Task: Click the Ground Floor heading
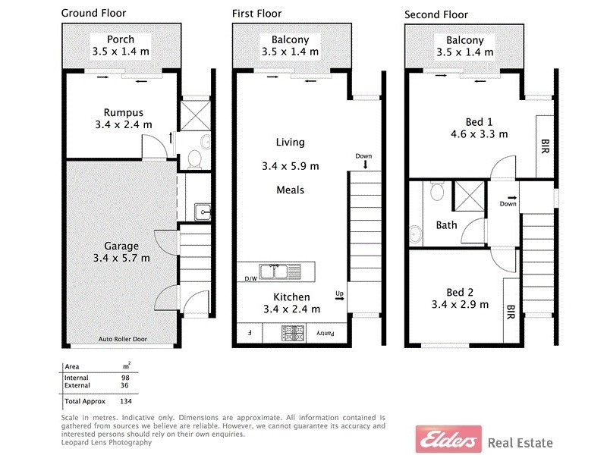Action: click(x=93, y=13)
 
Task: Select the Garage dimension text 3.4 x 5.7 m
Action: click(x=121, y=258)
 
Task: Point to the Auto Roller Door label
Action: click(x=121, y=339)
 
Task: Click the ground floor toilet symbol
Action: click(x=193, y=157)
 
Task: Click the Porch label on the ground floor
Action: click(x=121, y=39)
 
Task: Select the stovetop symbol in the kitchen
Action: click(x=293, y=332)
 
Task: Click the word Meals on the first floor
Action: click(x=290, y=190)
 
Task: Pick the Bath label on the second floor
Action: click(x=446, y=224)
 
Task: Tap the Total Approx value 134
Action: click(x=126, y=400)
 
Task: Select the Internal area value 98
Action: click(x=126, y=378)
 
